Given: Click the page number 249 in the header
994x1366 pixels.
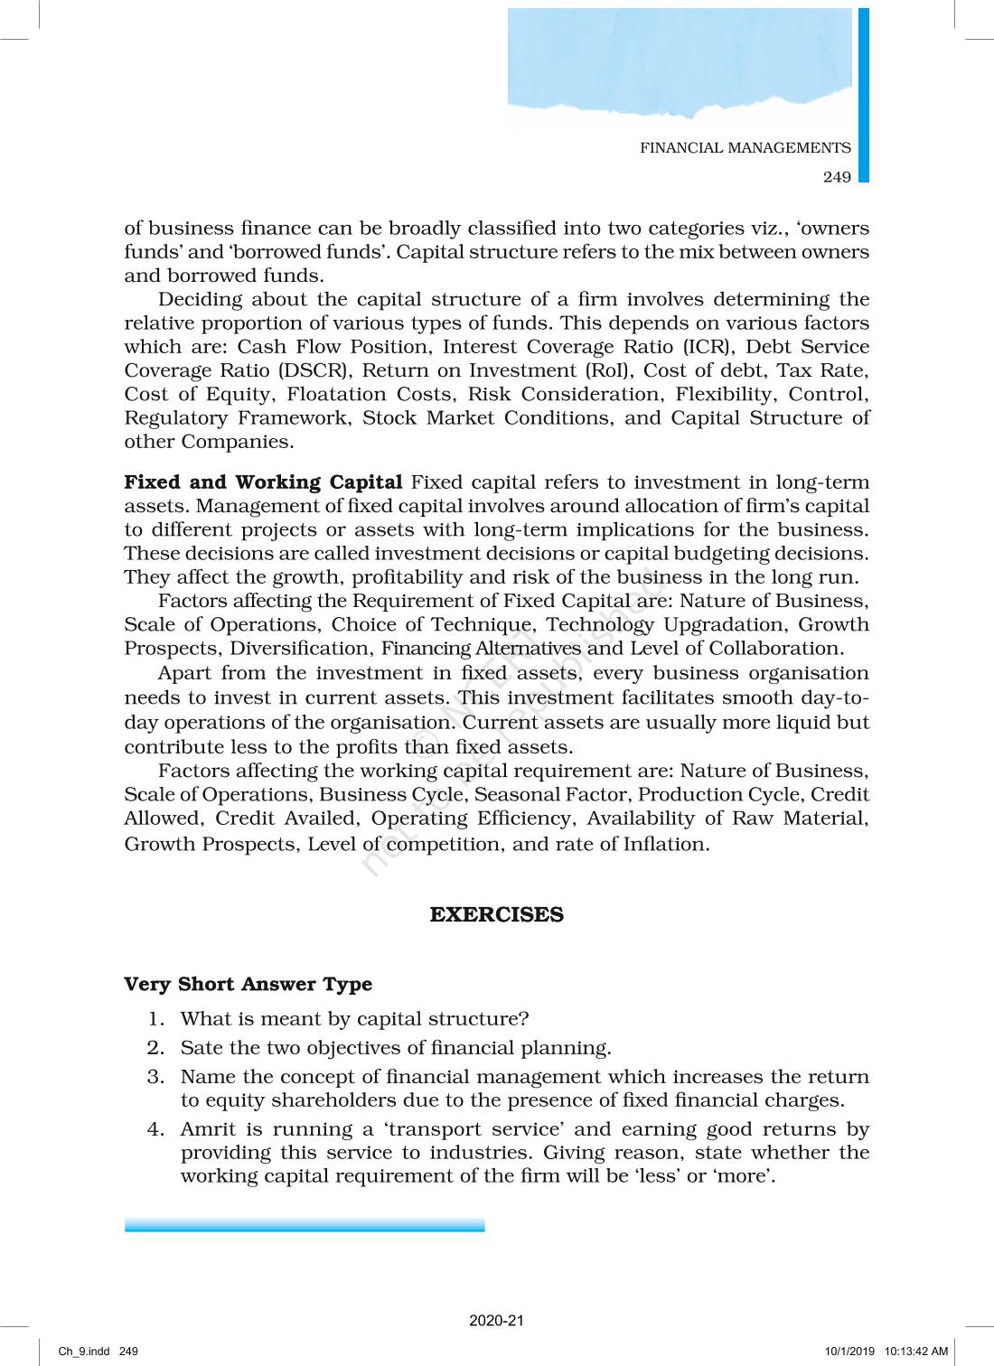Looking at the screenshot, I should pyautogui.click(x=837, y=177).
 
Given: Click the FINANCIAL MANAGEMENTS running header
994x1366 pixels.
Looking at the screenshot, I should pyautogui.click(x=745, y=148).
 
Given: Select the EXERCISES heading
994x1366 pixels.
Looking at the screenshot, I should pyautogui.click(x=496, y=914).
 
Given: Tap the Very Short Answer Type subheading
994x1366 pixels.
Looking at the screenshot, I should pyautogui.click(x=248, y=984).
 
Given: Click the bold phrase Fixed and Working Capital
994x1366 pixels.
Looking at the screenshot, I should pyautogui.click(x=263, y=482).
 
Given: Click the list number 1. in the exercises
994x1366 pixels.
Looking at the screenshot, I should pyautogui.click(x=156, y=1019).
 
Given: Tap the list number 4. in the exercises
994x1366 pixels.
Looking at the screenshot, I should pyautogui.click(x=156, y=1129).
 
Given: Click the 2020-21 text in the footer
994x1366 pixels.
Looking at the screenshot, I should pyautogui.click(x=496, y=1321).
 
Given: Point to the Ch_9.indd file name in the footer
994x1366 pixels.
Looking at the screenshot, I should pyautogui.click(x=84, y=1352).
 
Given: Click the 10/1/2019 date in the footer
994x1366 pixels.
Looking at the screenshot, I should pyautogui.click(x=849, y=1352).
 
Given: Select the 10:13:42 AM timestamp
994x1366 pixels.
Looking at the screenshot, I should pyautogui.click(x=916, y=1352).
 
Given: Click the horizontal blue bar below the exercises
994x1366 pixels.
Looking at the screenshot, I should pyautogui.click(x=305, y=1225).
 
